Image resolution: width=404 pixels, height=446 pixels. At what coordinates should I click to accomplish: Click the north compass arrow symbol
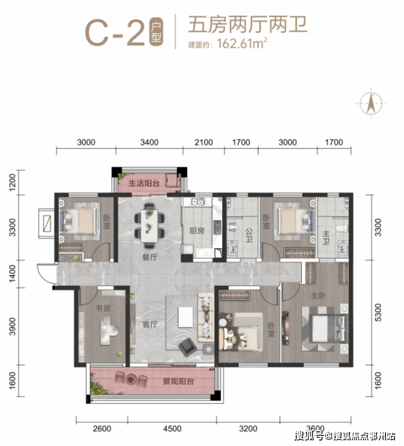(371, 103)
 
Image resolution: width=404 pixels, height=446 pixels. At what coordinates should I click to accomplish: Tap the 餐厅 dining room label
(150, 257)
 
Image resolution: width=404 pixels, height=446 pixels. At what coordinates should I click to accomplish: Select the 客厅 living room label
(150, 324)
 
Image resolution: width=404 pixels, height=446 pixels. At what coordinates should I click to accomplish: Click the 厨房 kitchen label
(197, 230)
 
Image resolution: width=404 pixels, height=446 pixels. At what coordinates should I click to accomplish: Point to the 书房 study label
(103, 308)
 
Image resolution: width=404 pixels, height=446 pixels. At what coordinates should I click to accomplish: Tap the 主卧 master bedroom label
(318, 296)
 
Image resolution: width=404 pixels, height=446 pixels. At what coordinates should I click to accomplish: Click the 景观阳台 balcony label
(178, 381)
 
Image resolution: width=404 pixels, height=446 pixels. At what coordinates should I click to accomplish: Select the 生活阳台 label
(144, 183)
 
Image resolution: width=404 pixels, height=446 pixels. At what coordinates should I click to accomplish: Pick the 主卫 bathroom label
(326, 238)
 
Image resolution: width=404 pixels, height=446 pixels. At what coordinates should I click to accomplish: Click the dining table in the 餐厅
(150, 225)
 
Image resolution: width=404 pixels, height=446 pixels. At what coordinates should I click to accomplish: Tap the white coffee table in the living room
(185, 317)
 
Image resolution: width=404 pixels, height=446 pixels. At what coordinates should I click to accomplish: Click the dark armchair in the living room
(188, 346)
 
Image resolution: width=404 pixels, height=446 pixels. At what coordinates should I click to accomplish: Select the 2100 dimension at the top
(204, 142)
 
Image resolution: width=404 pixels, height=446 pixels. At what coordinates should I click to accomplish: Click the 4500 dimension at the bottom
(172, 428)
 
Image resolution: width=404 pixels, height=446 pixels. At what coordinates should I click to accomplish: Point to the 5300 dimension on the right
(378, 312)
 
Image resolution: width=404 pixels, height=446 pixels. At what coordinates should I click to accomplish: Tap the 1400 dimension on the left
(12, 274)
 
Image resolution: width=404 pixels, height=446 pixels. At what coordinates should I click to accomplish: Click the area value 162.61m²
(242, 43)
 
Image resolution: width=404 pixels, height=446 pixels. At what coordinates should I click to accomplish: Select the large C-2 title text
(115, 32)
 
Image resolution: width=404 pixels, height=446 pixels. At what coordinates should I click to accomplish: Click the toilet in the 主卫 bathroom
(342, 229)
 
